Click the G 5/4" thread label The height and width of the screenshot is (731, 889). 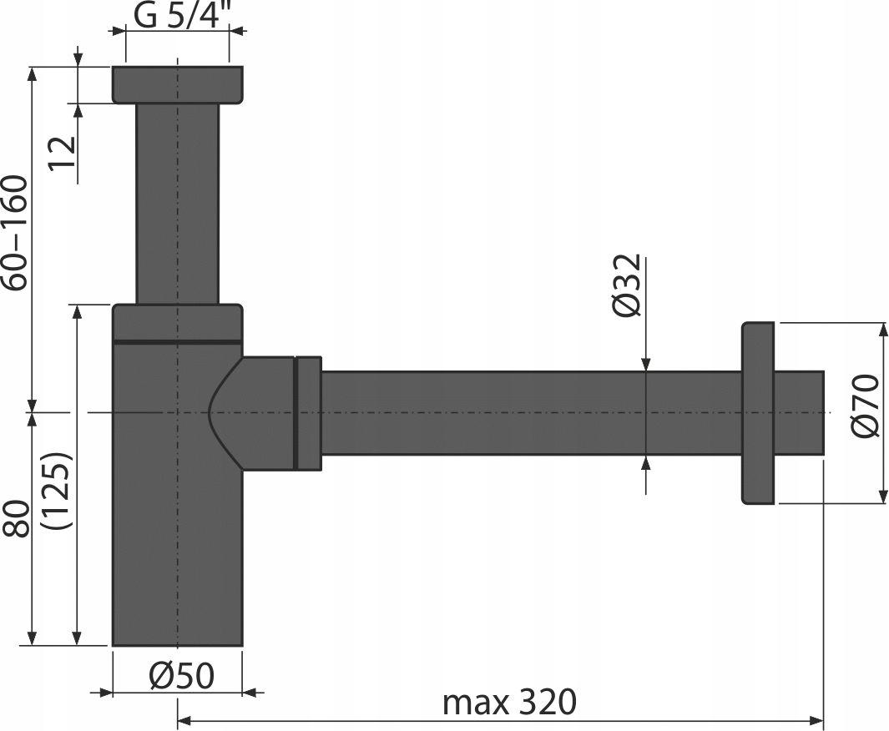tap(181, 16)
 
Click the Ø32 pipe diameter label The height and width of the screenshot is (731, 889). tap(627, 285)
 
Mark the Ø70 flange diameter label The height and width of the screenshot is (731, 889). tap(867, 405)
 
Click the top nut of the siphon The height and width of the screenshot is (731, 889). tap(177, 84)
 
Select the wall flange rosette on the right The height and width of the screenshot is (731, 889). tap(757, 412)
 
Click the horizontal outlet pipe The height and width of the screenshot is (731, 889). tap(526, 412)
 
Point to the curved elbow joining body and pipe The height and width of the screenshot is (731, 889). tap(250, 412)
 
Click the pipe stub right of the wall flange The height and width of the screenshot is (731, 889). tap(799, 412)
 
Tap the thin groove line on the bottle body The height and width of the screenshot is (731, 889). tap(177, 341)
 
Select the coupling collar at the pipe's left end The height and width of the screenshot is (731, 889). tap(309, 412)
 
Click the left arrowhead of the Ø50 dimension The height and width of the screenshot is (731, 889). tap(104, 692)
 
